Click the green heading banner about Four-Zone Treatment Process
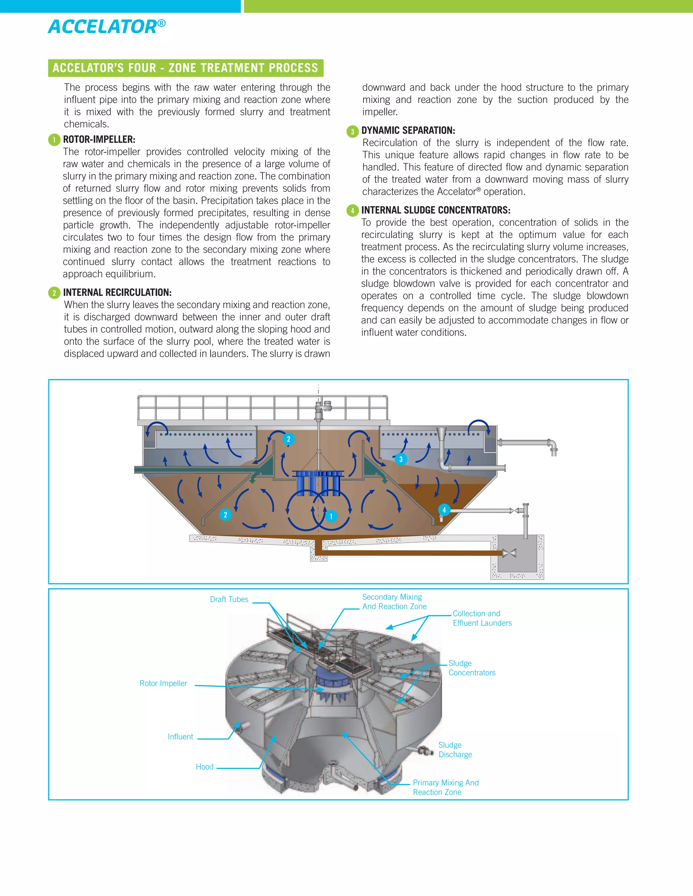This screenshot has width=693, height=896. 185,68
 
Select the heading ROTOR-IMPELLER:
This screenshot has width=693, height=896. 99,140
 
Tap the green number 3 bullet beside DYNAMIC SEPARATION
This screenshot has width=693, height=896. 352,132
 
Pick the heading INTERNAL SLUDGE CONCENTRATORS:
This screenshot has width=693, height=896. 435,210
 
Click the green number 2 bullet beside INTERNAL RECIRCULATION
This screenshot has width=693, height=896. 54,293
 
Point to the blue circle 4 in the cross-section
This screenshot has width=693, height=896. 444,510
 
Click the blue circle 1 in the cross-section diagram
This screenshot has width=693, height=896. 331,516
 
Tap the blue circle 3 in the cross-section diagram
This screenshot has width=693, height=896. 401,459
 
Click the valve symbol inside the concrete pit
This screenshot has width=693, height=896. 509,553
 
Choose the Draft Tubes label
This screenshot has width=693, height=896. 229,599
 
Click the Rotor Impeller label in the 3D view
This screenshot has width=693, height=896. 163,683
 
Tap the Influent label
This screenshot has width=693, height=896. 180,737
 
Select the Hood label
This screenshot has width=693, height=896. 204,767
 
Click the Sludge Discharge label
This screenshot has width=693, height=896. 455,750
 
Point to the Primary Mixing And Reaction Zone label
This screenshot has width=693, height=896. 445,787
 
